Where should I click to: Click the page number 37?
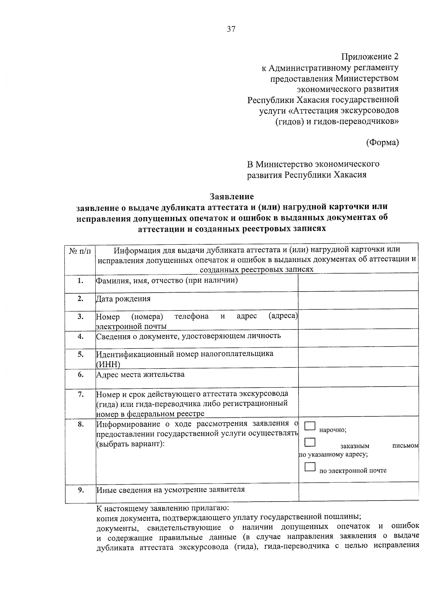coord(231,29)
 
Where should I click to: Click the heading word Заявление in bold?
coord(232,197)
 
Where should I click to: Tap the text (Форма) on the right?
coord(382,143)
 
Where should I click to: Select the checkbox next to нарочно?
coord(310,426)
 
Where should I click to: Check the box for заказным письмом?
coord(310,442)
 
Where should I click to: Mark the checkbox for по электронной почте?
coord(310,467)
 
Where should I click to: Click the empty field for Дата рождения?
coord(358,300)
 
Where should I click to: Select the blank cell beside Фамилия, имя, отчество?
coord(358,283)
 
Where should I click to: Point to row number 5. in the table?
coord(80,354)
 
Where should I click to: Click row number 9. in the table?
coord(81,490)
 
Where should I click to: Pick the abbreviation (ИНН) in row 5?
coord(108,364)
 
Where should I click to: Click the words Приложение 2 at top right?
coord(370,57)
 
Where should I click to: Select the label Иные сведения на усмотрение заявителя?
coord(171,490)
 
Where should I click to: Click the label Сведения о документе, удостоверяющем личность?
coord(188,336)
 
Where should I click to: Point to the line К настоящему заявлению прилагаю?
coord(163,509)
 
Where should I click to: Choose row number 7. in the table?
coord(80,394)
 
